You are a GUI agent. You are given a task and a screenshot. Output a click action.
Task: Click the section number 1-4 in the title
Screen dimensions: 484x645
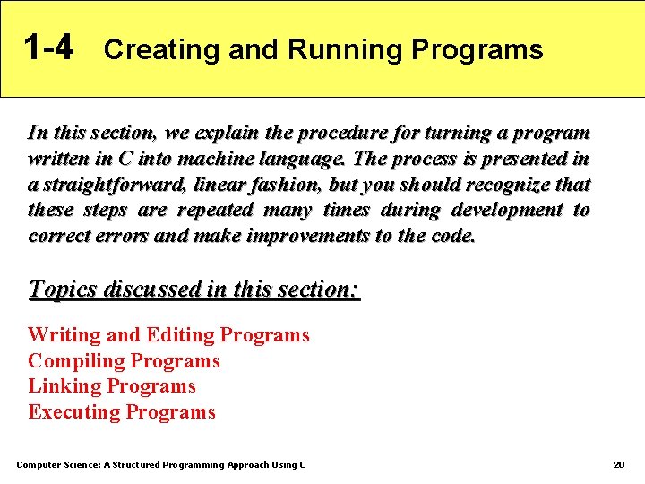48,48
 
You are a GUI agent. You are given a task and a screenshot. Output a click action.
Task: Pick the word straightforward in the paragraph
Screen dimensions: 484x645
101,186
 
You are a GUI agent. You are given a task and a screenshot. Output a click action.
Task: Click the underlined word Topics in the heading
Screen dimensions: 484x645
64,290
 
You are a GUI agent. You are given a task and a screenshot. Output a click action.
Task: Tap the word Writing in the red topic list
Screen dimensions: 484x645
64,336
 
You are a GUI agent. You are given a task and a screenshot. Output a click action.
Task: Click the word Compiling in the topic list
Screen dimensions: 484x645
76,362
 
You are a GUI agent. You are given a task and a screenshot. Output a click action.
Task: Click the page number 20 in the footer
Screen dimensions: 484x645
618,464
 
